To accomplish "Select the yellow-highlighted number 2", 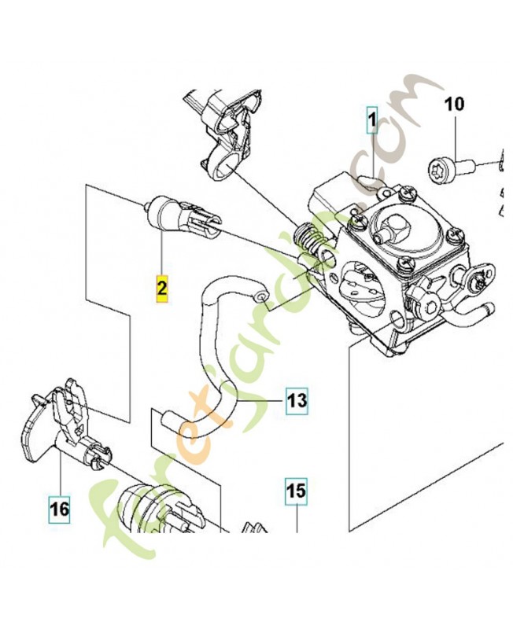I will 161,288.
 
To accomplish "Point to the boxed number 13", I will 296,401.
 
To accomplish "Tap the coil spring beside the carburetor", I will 312,237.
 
